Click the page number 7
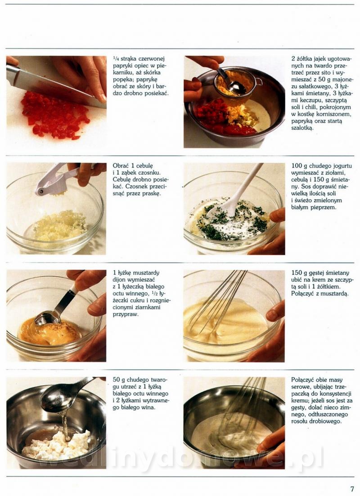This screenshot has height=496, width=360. point(352,488)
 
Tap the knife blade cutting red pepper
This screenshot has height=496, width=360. point(51,84)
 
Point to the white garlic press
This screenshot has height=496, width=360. point(58,180)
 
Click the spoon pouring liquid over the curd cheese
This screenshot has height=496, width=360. point(63,395)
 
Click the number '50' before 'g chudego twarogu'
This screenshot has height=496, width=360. point(116,380)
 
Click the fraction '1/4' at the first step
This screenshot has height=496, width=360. point(116,58)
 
